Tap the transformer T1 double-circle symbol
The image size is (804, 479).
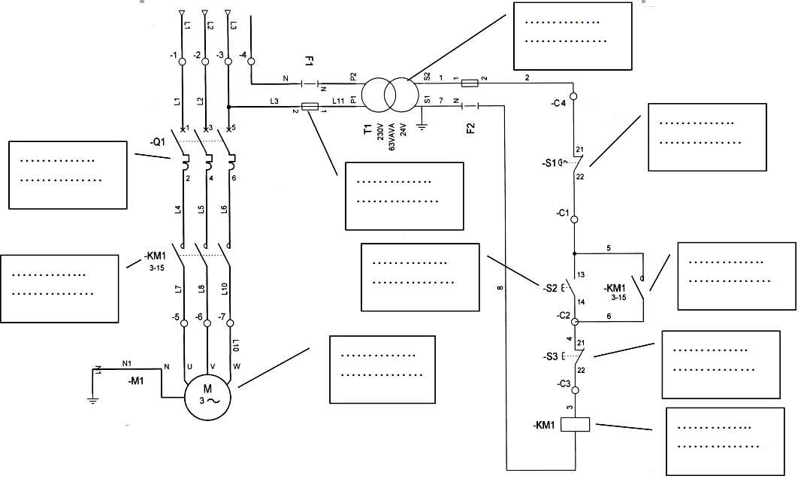(x=388, y=95)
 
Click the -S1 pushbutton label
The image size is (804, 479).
(x=552, y=163)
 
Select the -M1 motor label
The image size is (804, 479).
(x=136, y=381)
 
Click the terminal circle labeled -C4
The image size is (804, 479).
(x=574, y=96)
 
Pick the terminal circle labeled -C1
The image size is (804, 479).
(x=574, y=220)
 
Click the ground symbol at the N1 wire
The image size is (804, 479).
(x=92, y=400)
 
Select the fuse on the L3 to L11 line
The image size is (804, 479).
(x=309, y=107)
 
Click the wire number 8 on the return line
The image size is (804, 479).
(x=499, y=288)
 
